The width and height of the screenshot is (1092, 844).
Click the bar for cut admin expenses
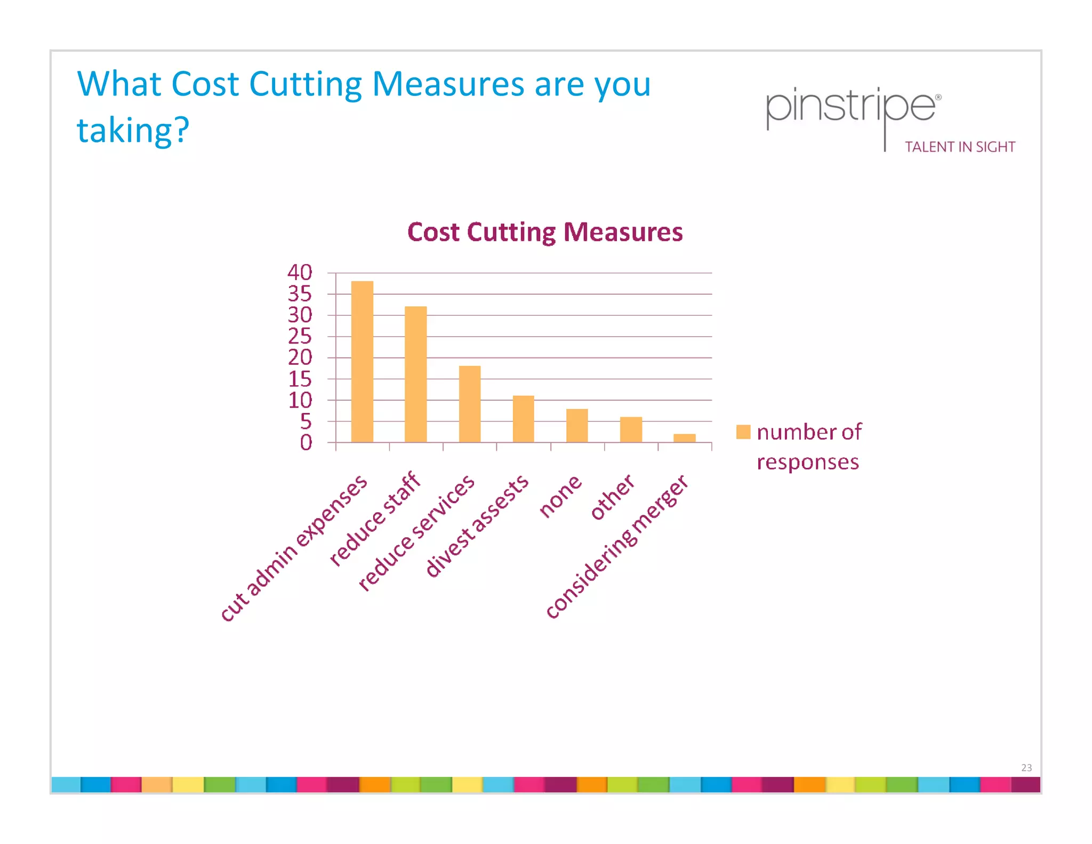click(362, 362)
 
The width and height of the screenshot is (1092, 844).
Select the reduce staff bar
click(416, 374)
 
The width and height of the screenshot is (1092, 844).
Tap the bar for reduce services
click(470, 404)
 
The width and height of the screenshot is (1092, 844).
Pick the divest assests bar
click(523, 419)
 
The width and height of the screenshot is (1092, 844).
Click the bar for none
click(577, 425)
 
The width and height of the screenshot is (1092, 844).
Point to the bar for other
click(631, 429)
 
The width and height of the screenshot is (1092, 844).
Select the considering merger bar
click(685, 438)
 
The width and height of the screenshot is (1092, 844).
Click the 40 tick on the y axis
click(300, 272)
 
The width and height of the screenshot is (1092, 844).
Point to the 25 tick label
click(300, 336)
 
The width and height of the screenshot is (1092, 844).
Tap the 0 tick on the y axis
click(306, 442)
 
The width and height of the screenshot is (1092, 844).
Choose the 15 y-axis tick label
click(300, 379)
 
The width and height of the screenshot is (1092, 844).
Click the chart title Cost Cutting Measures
click(545, 232)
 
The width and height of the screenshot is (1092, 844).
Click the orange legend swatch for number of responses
click(743, 432)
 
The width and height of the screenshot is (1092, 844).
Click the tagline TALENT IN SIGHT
click(960, 147)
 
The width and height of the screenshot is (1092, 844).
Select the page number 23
click(1026, 768)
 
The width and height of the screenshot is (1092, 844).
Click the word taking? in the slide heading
click(133, 130)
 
